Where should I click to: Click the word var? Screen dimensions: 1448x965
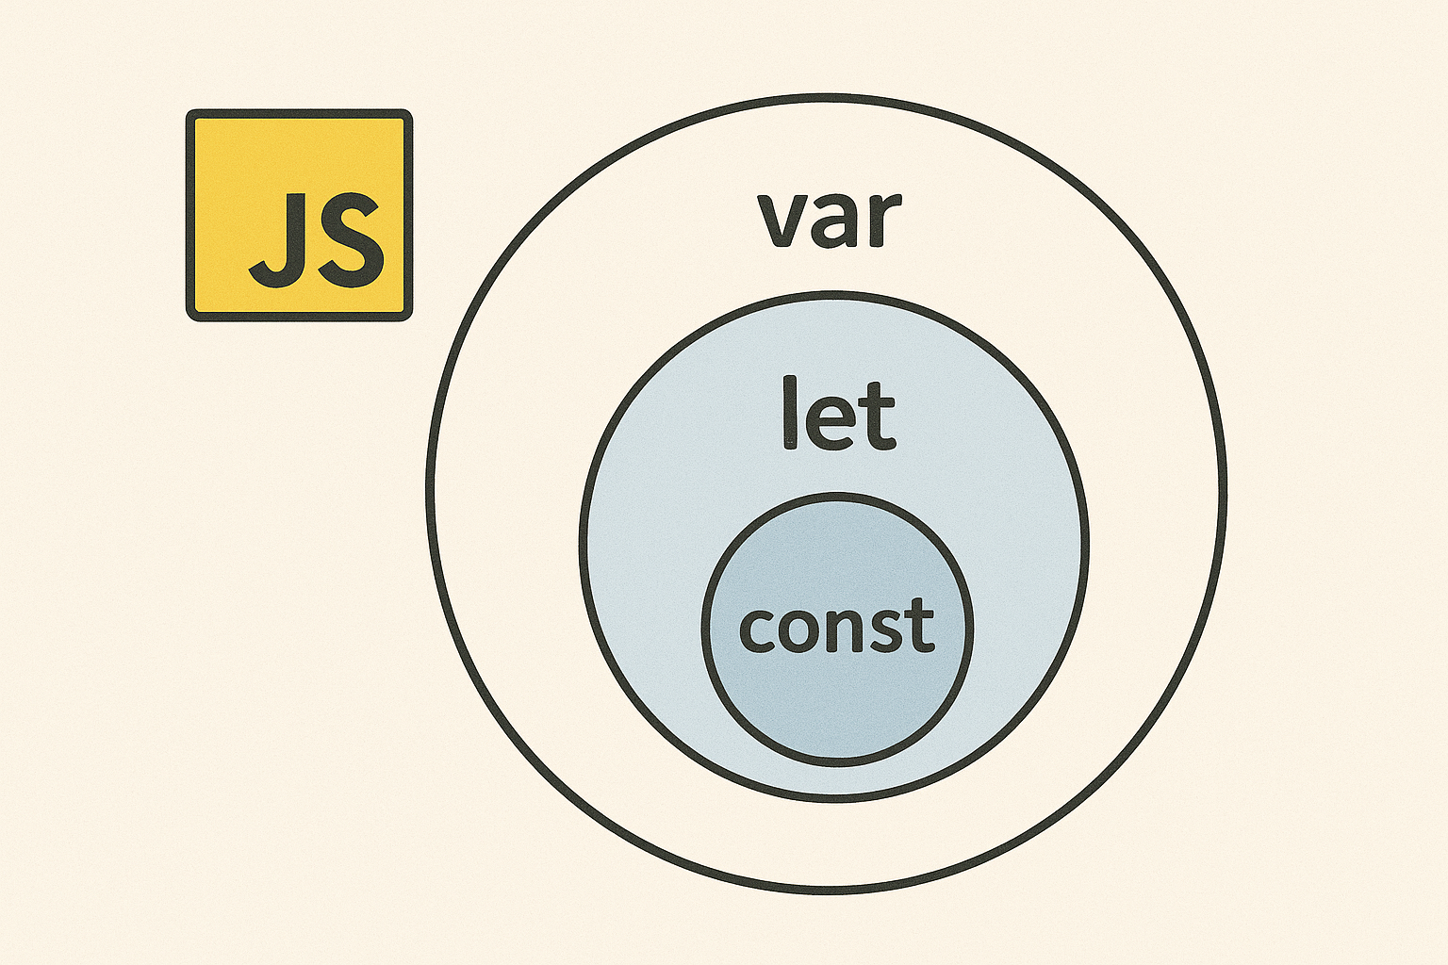click(829, 220)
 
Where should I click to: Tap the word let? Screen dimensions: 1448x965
click(838, 415)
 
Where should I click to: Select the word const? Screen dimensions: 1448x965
click(836, 627)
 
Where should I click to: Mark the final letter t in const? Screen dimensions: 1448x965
click(921, 625)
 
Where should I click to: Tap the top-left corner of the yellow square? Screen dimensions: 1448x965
click(190, 114)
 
